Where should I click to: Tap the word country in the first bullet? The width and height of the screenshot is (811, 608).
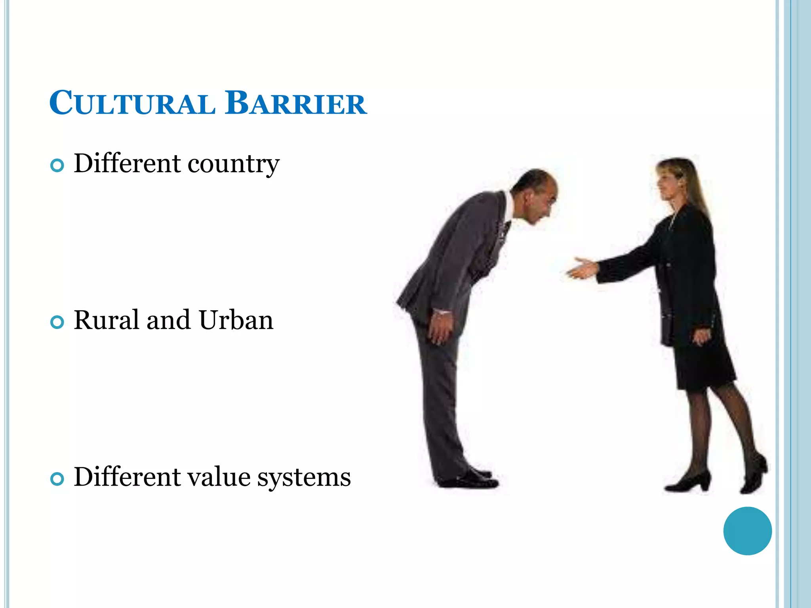point(234,164)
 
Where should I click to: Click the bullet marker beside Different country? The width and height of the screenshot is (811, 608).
point(57,165)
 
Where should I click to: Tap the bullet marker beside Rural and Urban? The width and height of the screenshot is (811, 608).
point(57,322)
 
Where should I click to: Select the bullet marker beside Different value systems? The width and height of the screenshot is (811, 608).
point(57,479)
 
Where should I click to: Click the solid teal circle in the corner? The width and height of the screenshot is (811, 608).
point(747,531)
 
